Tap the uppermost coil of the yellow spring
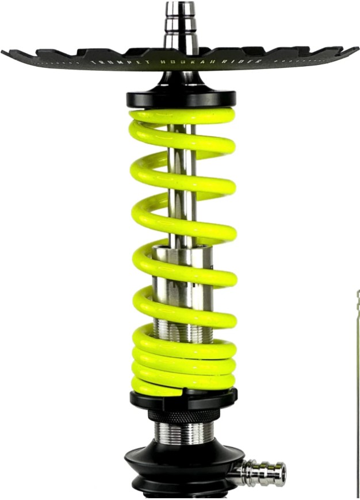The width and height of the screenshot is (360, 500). click(182, 118)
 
